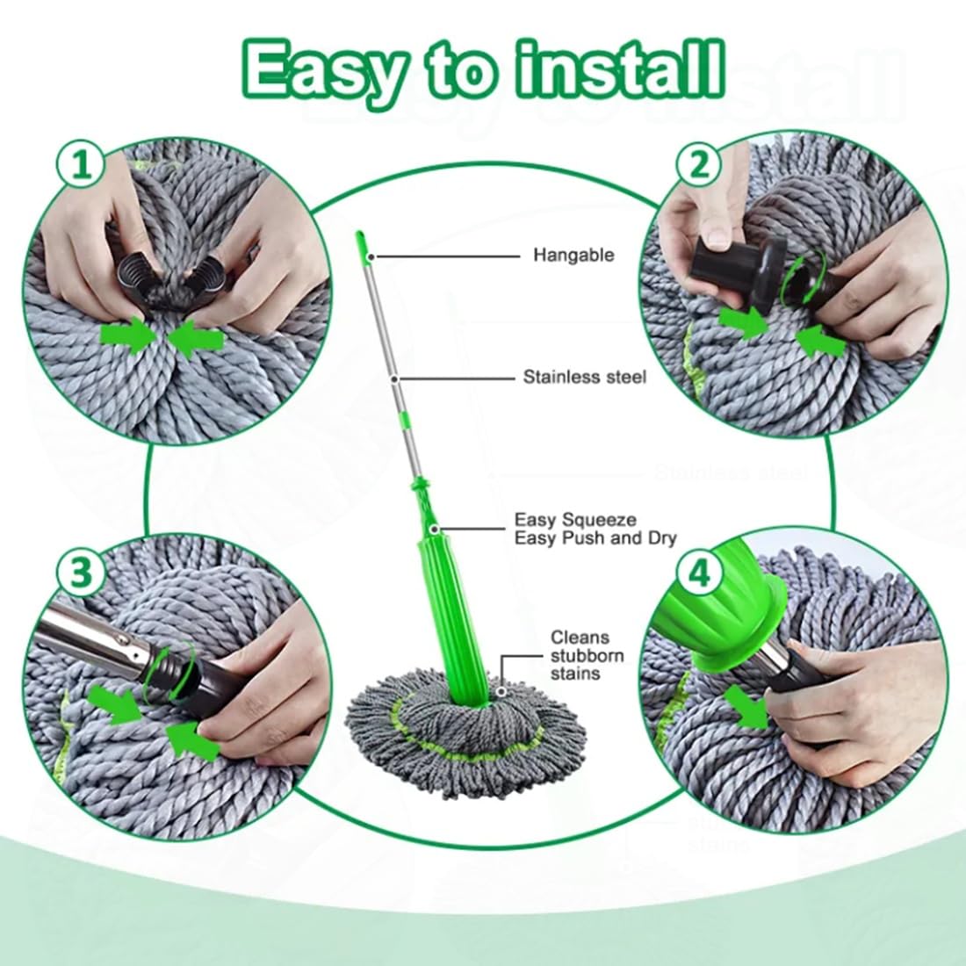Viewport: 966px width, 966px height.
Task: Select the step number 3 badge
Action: (81, 573)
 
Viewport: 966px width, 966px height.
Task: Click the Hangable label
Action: (573, 256)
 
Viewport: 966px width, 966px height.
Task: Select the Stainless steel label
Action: (584, 377)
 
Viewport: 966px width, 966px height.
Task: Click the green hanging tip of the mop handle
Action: (362, 244)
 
